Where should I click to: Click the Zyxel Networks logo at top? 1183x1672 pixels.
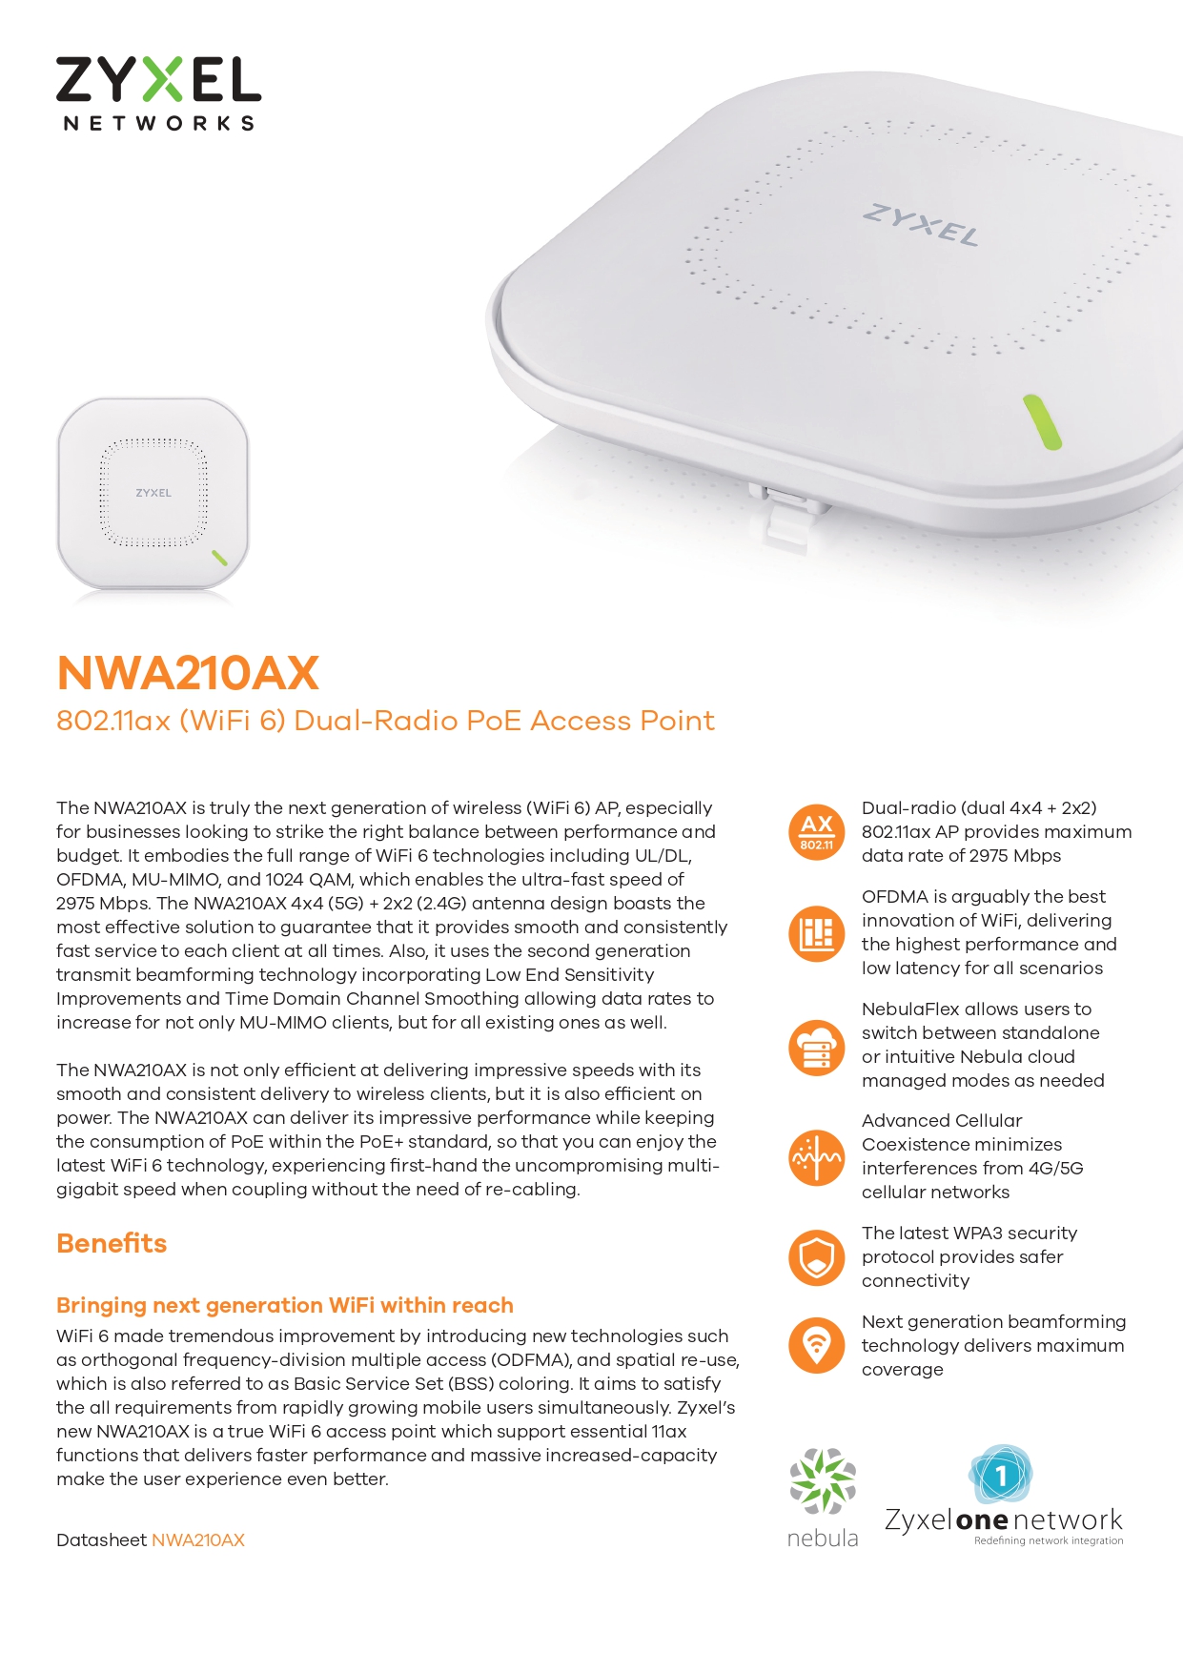pos(158,93)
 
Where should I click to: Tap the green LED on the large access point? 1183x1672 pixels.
pos(1042,421)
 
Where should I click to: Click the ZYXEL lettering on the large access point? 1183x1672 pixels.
pos(921,225)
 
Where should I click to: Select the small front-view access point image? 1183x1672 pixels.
pos(153,494)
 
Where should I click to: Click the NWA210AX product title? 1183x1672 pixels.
pos(188,673)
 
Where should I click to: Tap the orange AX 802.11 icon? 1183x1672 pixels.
pos(817,832)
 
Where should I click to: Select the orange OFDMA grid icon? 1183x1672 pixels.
pos(817,933)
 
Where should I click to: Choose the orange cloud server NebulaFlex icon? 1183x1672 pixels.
pos(817,1046)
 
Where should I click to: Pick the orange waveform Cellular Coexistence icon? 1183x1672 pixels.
pos(817,1157)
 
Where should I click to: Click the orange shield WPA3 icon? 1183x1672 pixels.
pos(817,1257)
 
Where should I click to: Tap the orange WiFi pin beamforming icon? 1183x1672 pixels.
pos(817,1346)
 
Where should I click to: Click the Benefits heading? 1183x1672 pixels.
pos(112,1244)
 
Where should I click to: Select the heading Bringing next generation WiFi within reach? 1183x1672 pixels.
pos(285,1306)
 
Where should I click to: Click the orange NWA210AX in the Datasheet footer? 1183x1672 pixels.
pos(198,1540)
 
